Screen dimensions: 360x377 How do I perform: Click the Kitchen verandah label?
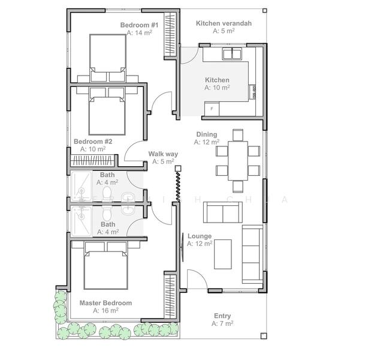tap(224, 23)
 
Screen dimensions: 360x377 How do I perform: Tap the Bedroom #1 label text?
tap(139, 25)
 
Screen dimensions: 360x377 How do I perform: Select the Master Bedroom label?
tap(105, 303)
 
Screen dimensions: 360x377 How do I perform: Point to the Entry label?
tap(222, 316)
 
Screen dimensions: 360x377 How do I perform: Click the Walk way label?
tap(163, 154)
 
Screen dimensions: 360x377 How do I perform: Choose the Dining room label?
tap(207, 134)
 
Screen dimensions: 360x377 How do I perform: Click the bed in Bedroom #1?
tap(108, 57)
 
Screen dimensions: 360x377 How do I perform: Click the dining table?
tap(238, 159)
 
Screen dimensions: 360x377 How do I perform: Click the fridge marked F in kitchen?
tap(212, 109)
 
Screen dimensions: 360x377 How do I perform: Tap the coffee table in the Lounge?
tap(223, 254)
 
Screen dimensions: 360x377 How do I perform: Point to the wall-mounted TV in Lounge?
tap(183, 247)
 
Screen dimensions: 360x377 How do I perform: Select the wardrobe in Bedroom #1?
tap(170, 35)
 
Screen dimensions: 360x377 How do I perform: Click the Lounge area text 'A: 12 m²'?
tap(199, 244)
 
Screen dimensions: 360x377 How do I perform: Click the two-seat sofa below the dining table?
tap(223, 212)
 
